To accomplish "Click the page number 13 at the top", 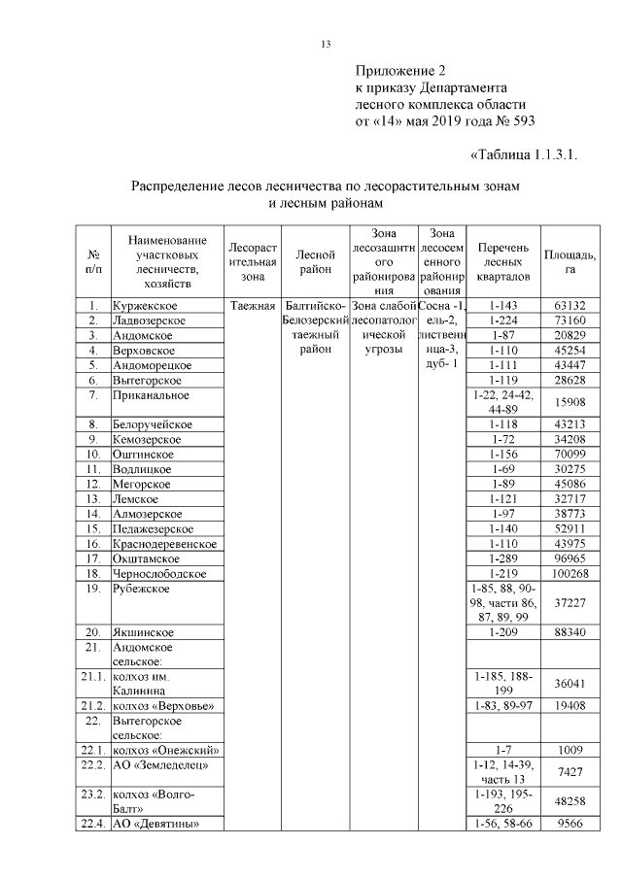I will (x=327, y=44).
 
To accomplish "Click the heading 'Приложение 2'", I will (x=400, y=71).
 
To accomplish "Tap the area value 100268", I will (x=570, y=574).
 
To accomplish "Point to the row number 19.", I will (x=93, y=589).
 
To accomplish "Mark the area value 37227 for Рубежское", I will (x=570, y=603).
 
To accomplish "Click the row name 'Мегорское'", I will (x=142, y=483).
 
